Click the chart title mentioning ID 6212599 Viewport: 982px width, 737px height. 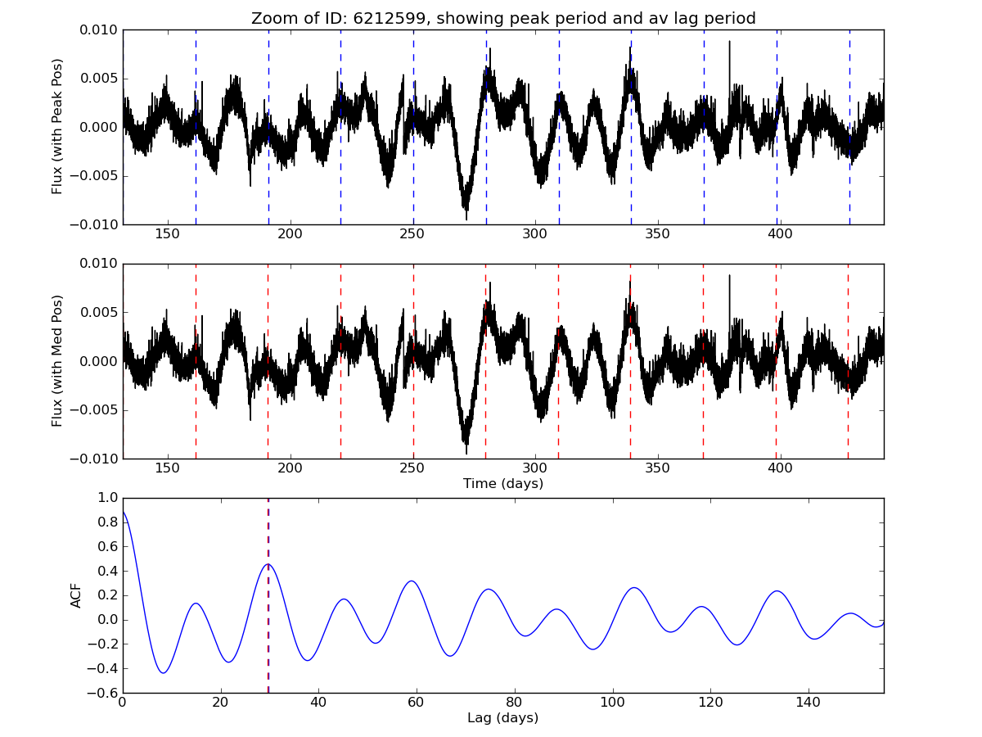point(502,18)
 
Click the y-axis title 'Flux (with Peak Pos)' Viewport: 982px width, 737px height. point(57,126)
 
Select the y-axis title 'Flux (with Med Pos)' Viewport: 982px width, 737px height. point(57,360)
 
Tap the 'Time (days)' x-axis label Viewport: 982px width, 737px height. point(502,484)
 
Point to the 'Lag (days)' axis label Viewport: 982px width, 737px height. point(502,718)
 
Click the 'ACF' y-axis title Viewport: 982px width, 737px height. point(77,595)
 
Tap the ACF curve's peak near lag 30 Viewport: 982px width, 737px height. point(268,564)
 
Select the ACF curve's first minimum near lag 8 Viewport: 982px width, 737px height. point(164,673)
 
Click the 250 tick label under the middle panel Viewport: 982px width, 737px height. point(412,468)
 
